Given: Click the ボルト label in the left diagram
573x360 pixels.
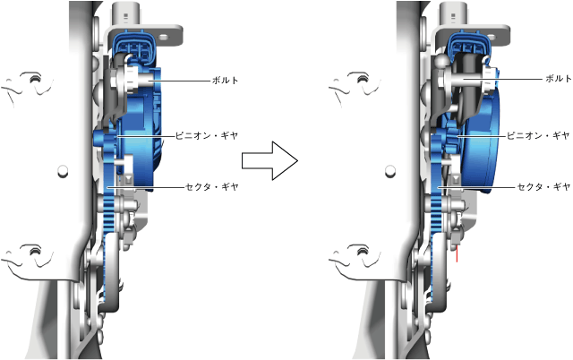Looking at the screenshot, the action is tap(225, 80).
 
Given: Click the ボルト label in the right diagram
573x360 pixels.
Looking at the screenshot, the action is tap(559, 78).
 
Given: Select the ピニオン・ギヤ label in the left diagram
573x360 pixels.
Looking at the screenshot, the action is tap(207, 135).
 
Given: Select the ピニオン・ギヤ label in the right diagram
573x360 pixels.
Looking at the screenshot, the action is tap(538, 135).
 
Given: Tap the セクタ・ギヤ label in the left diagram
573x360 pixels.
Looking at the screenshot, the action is tap(212, 187).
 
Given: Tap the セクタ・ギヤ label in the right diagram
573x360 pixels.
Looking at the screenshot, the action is tap(543, 187).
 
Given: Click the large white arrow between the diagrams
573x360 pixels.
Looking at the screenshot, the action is tap(269, 161).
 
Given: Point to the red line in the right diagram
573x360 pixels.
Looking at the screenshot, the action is tap(457, 253).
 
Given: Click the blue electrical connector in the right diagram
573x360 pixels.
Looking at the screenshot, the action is tap(466, 43).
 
